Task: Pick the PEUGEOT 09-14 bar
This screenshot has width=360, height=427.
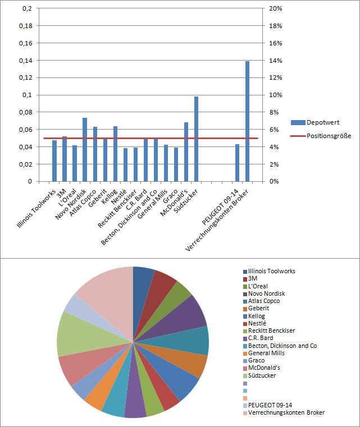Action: point(237,163)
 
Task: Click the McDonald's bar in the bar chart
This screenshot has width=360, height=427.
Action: point(186,152)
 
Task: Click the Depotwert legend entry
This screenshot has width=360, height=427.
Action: point(315,122)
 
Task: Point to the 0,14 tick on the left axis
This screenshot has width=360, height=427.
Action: point(26,61)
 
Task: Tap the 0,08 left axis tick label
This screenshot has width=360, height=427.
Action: point(26,112)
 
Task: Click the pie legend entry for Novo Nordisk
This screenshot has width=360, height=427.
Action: point(266,293)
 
